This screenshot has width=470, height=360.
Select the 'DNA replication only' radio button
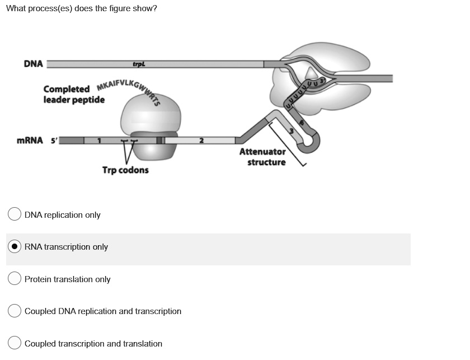click(15, 214)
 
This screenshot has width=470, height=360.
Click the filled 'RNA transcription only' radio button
click(15, 247)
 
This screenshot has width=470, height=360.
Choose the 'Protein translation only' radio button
click(15, 279)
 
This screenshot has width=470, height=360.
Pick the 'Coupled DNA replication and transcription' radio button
click(15, 311)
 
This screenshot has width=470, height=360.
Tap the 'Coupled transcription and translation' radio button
click(15, 343)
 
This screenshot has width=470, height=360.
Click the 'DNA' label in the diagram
click(33, 63)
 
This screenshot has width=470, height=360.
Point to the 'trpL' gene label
click(139, 64)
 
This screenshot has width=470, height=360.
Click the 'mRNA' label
click(29, 140)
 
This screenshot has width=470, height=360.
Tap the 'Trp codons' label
click(125, 170)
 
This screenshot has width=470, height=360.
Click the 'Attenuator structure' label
click(262, 157)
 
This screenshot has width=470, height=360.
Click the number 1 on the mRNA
click(99, 140)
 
